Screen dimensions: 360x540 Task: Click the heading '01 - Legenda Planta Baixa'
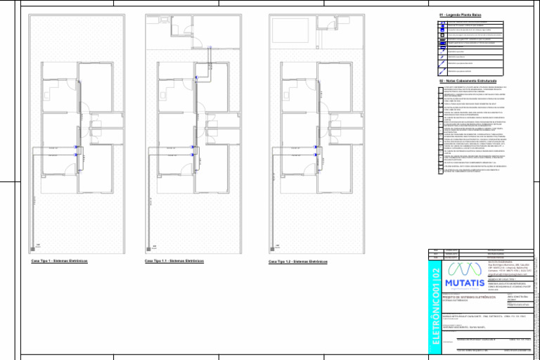pyautogui.click(x=461, y=15)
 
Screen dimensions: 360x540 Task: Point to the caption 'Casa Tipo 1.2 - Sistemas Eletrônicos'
pyautogui.click(x=298, y=262)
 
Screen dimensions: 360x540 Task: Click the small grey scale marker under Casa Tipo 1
pyautogui.click(x=37, y=246)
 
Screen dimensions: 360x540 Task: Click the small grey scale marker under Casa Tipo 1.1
pyautogui.click(x=154, y=246)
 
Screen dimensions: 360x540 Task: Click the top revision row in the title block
pyautogui.click(x=485, y=250)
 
